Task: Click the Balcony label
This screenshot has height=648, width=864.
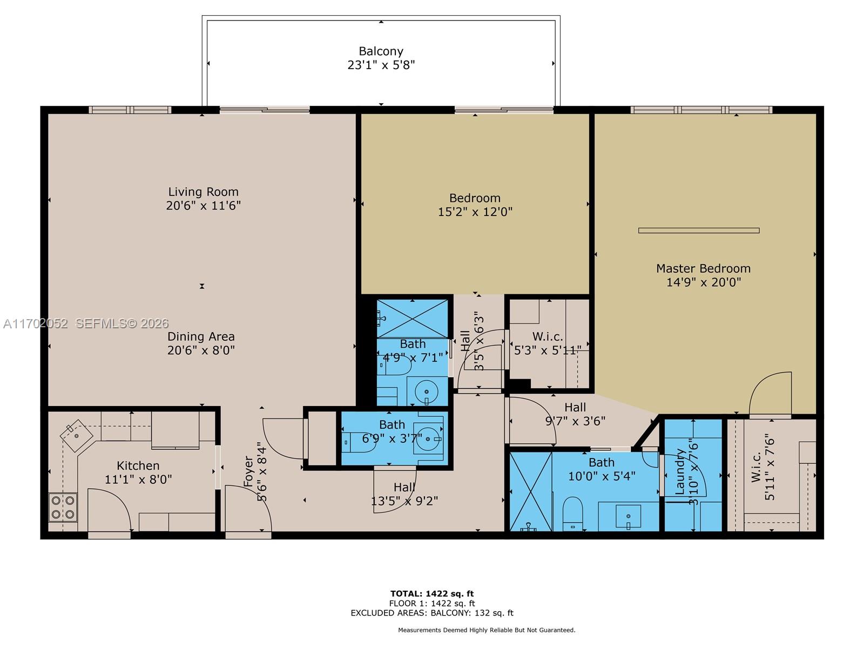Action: click(381, 51)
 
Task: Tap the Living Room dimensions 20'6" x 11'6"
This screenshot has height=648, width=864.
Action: click(203, 206)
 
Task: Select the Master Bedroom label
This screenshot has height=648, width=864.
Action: click(703, 268)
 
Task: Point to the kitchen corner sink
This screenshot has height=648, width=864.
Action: click(76, 434)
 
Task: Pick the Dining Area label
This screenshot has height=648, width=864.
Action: click(201, 336)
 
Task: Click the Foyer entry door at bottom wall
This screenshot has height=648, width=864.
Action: click(248, 510)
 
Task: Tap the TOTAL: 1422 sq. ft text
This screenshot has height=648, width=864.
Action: click(432, 594)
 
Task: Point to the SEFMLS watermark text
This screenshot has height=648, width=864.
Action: click(122, 323)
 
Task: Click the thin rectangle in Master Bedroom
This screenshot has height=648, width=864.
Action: click(699, 231)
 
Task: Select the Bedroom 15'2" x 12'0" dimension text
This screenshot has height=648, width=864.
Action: click(475, 212)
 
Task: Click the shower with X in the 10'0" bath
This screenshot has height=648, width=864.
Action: click(531, 491)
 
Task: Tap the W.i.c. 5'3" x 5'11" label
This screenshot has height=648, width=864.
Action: click(547, 343)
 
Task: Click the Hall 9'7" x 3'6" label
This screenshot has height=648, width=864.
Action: click(575, 414)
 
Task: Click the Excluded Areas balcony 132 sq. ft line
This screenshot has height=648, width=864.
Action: click(432, 613)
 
